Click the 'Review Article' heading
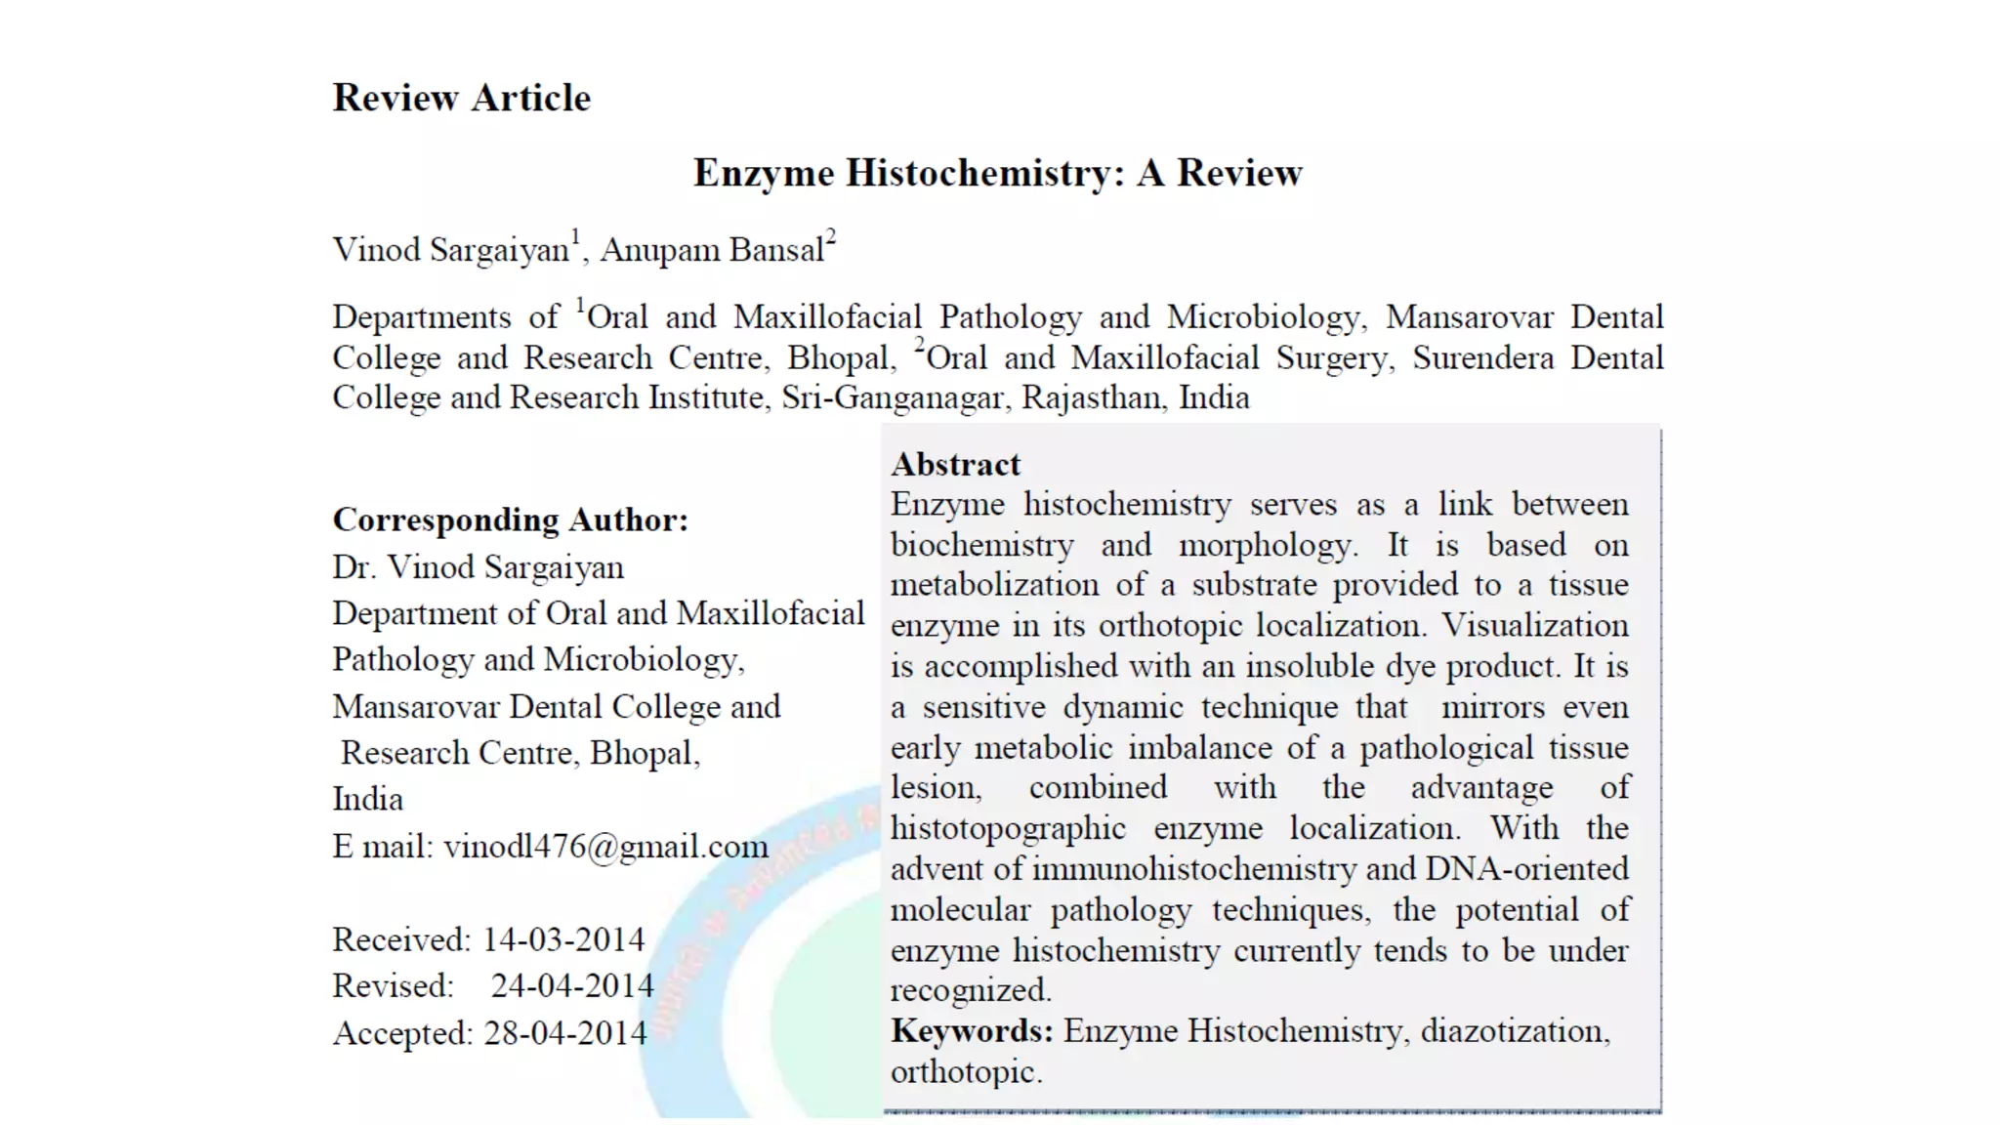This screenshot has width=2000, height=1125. [461, 98]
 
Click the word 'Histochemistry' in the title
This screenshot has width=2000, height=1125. [978, 173]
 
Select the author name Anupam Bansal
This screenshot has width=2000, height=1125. [712, 250]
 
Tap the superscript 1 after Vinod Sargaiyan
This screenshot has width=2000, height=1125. [576, 237]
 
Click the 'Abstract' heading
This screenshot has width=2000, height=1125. [955, 464]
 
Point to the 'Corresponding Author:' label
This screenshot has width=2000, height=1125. [510, 520]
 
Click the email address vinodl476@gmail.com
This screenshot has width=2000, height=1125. [605, 846]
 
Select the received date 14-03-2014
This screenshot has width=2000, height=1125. [563, 939]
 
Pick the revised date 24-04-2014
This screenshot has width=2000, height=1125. [571, 985]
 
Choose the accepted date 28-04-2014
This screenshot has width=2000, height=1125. [564, 1032]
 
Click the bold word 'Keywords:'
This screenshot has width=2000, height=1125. [972, 1030]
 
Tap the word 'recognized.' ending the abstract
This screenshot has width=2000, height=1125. [971, 990]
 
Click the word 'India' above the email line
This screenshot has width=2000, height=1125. [367, 799]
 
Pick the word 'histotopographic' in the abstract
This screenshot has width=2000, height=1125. [1008, 828]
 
